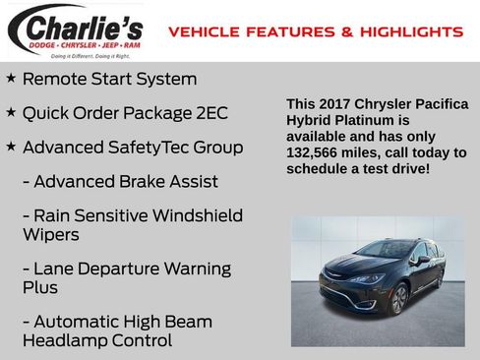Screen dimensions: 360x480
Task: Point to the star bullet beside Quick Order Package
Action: (x=11, y=113)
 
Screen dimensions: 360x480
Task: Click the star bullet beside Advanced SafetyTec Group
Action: (x=11, y=148)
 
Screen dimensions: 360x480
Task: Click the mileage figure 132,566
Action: (x=317, y=153)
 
